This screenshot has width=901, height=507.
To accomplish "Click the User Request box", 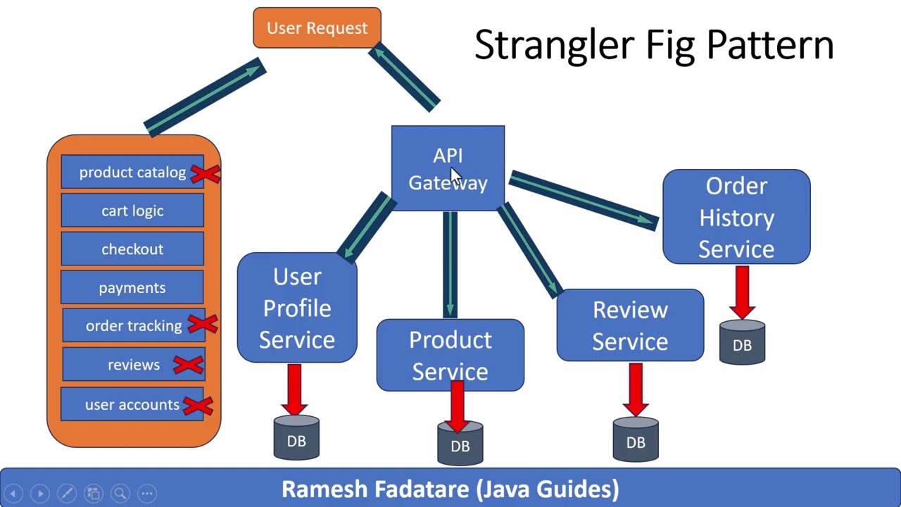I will [317, 28].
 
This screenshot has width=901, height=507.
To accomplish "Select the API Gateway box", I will [448, 168].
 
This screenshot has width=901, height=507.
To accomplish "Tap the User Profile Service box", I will [297, 308].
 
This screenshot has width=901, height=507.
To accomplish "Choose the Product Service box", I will [450, 355].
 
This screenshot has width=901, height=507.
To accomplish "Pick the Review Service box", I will [630, 325].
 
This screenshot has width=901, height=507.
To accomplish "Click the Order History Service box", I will [736, 217].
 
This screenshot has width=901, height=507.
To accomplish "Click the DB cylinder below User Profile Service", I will [296, 439].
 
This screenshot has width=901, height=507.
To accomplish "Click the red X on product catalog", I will [205, 173].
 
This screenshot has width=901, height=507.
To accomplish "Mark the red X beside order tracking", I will [203, 324].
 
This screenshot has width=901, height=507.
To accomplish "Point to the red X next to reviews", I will [188, 365].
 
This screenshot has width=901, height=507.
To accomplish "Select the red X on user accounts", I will [198, 405].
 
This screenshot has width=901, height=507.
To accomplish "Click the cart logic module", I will [132, 211].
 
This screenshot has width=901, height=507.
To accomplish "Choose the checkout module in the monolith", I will [132, 249].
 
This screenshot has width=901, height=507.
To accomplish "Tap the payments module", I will [132, 287].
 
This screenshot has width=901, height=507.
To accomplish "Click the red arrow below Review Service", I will [636, 389].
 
